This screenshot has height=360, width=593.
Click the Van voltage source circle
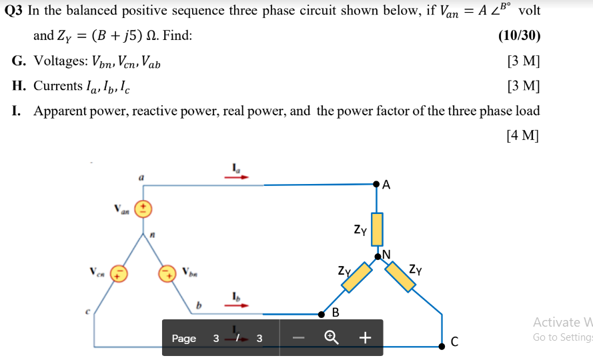(142, 209)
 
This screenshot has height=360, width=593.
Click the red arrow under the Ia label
(239, 178)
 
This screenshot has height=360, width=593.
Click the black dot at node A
(377, 183)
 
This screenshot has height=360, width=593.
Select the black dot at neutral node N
(378, 255)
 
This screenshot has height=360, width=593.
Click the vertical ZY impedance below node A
(377, 229)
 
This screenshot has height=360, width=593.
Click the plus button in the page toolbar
(364, 338)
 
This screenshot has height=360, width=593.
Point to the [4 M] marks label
(523, 135)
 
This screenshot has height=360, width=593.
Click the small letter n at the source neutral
(152, 233)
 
